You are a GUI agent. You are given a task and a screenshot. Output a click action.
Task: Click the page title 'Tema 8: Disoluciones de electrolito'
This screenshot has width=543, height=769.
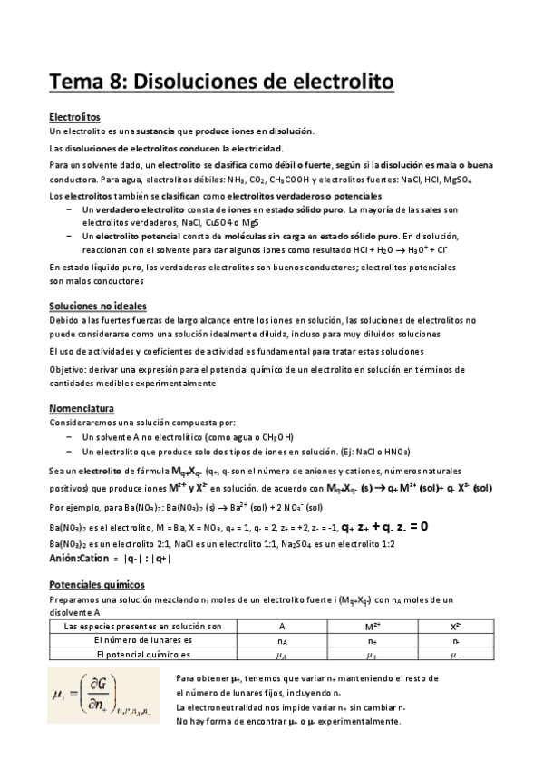pos(222,83)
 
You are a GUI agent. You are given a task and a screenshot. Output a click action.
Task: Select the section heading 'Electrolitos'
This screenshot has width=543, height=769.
pos(74,117)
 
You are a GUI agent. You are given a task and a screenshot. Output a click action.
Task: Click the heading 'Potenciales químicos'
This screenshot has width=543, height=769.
pos(96,585)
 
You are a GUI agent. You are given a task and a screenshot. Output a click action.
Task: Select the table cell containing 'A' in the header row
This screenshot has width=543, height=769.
pos(282,627)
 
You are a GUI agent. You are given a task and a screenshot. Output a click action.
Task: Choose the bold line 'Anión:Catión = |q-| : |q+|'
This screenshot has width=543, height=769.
pos(110,559)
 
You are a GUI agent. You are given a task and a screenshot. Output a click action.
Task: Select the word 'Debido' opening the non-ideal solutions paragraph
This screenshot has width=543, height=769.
pos(64,321)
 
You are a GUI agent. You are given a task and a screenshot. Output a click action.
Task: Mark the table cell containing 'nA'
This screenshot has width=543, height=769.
pos(282,639)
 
